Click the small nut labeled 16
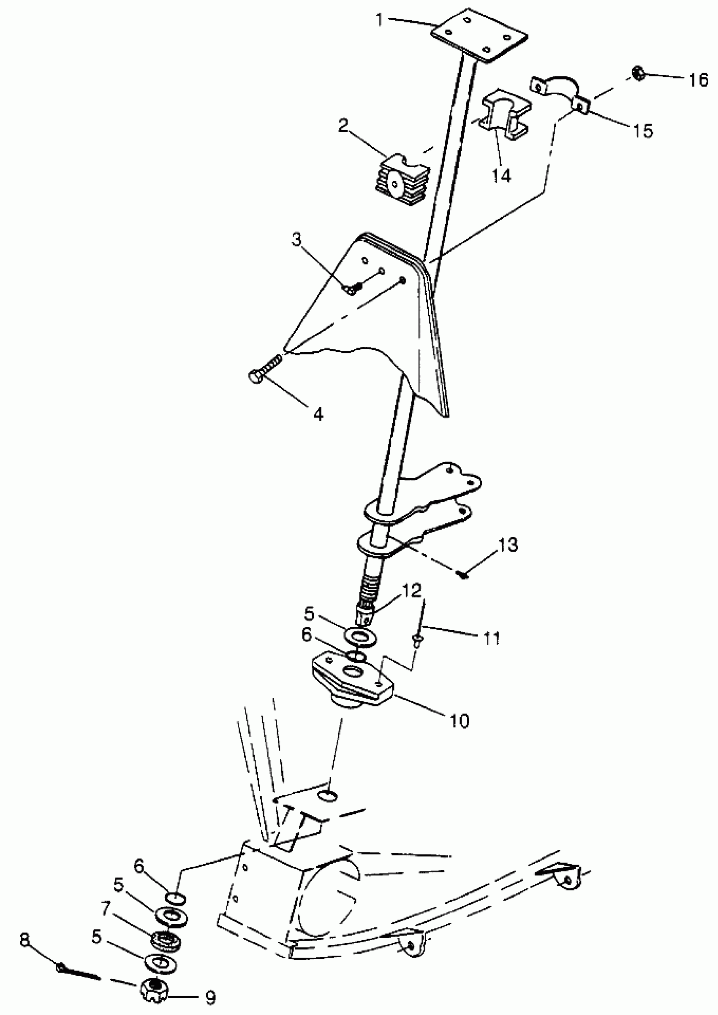point(638,73)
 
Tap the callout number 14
point(501,176)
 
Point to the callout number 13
point(508,544)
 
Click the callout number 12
point(412,590)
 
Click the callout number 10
point(460,721)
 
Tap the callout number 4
point(318,414)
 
